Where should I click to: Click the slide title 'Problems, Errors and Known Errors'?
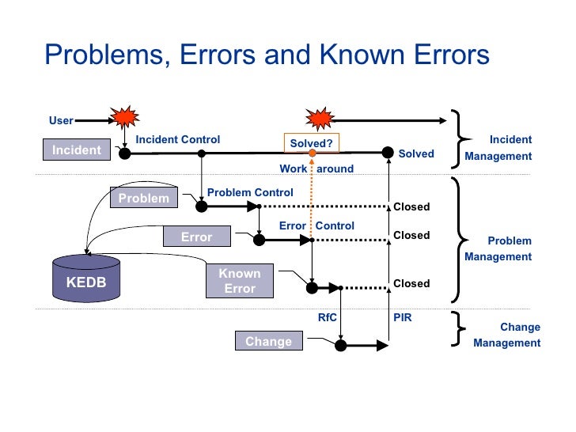tap(267, 55)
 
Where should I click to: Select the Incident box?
tap(77, 150)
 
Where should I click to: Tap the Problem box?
tap(143, 198)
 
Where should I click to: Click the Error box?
tap(196, 237)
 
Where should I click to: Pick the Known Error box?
tap(239, 282)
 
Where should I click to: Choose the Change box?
tap(268, 342)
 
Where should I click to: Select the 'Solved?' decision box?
tap(312, 143)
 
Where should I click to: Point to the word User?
tap(61, 121)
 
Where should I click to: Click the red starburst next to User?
tap(123, 119)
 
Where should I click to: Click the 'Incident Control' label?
tap(178, 140)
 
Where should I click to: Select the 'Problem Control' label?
tap(250, 192)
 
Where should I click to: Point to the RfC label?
tap(328, 318)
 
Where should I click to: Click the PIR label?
tap(402, 318)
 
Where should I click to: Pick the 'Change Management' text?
tap(508, 335)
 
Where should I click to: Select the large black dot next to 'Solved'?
tap(388, 153)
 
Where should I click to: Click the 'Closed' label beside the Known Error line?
tap(411, 283)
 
